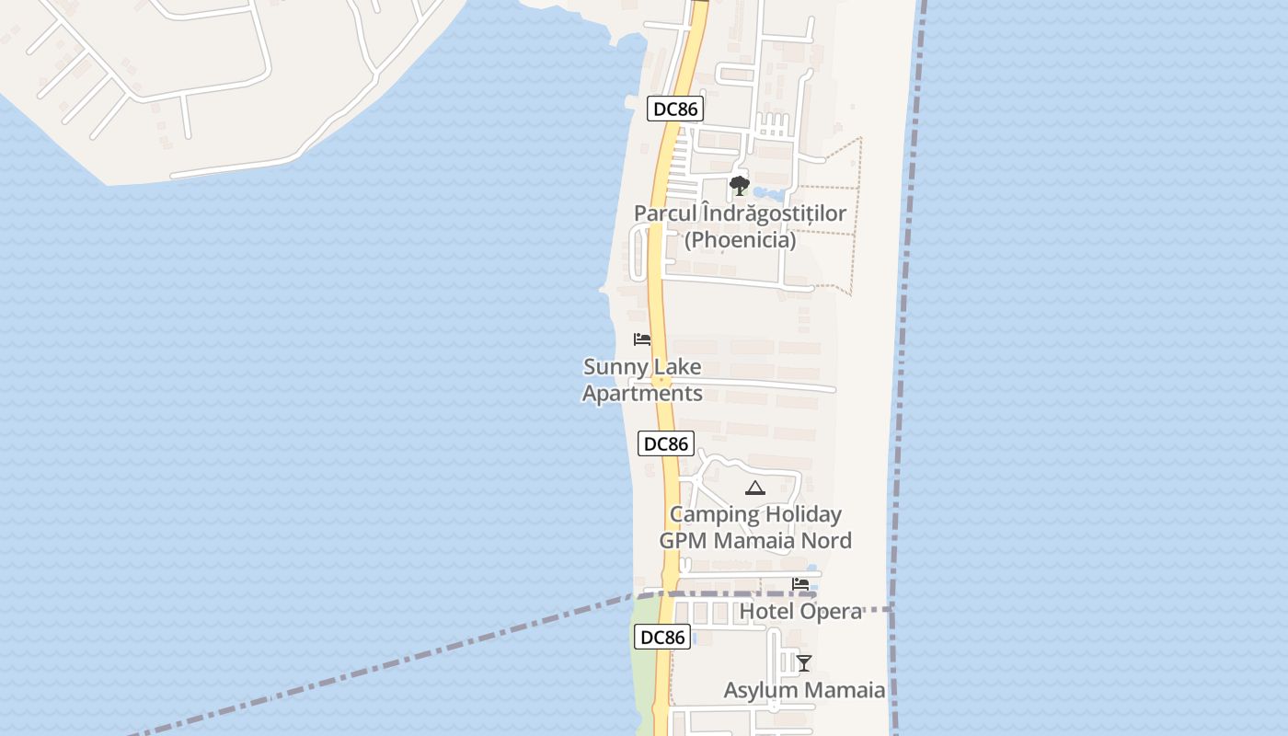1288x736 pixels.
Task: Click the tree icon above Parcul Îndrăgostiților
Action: click(x=739, y=186)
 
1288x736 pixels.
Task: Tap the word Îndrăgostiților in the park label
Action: click(x=774, y=213)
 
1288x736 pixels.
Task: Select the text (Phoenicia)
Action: click(x=740, y=240)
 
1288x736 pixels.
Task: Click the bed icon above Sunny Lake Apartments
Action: click(x=642, y=339)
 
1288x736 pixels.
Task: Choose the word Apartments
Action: click(x=642, y=394)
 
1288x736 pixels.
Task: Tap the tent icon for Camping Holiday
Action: click(x=755, y=488)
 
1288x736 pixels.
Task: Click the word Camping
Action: click(x=715, y=514)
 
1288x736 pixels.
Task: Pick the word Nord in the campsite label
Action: click(x=827, y=540)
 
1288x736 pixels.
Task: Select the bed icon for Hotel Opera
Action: click(x=800, y=583)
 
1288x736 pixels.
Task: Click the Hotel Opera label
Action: click(x=800, y=611)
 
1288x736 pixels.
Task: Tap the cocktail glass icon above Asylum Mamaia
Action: click(x=804, y=662)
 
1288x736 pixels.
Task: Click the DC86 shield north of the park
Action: click(x=674, y=109)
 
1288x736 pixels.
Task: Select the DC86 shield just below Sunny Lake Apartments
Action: click(x=666, y=443)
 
